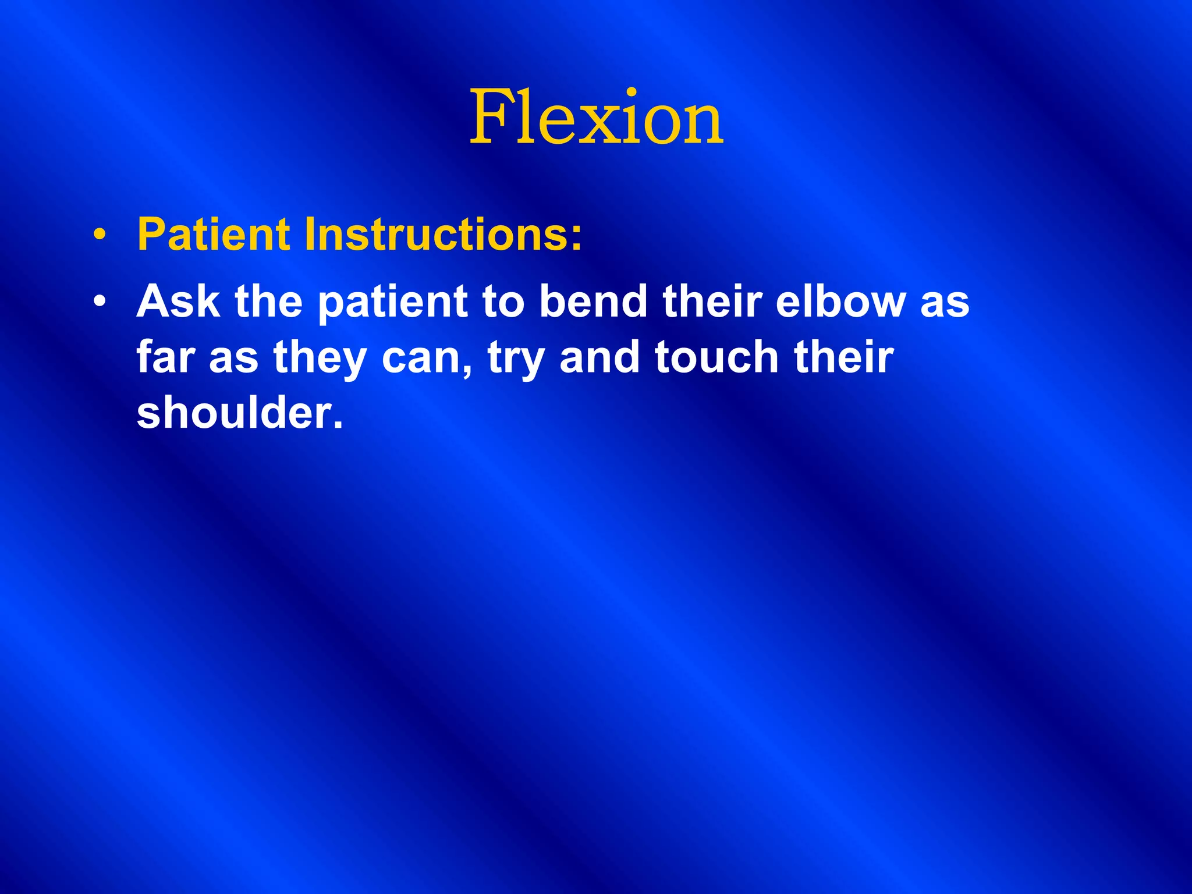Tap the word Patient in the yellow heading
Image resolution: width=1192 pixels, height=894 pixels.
pos(213,235)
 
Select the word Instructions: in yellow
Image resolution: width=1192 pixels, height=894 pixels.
pos(442,235)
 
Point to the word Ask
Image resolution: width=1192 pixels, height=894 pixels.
pos(178,301)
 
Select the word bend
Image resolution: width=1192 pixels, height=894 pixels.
pos(593,301)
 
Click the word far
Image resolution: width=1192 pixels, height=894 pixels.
pos(165,357)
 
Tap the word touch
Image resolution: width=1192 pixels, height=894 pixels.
pos(716,357)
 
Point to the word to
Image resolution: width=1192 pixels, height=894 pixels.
pos(503,301)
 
